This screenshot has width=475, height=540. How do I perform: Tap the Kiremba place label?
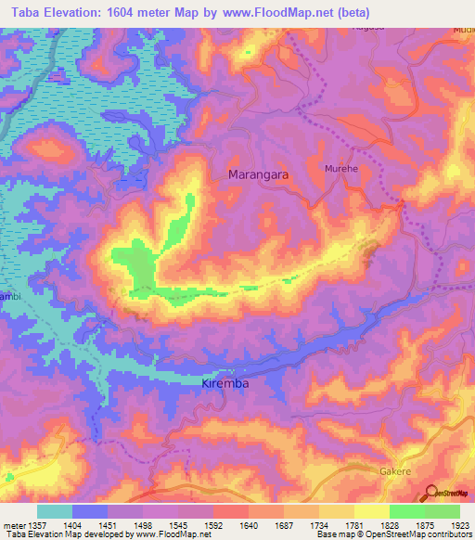coord(227,382)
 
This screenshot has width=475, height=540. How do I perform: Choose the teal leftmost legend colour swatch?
coord(55,511)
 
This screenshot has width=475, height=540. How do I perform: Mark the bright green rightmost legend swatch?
coord(443,511)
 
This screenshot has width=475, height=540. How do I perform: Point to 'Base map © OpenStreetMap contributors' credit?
coord(392,534)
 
